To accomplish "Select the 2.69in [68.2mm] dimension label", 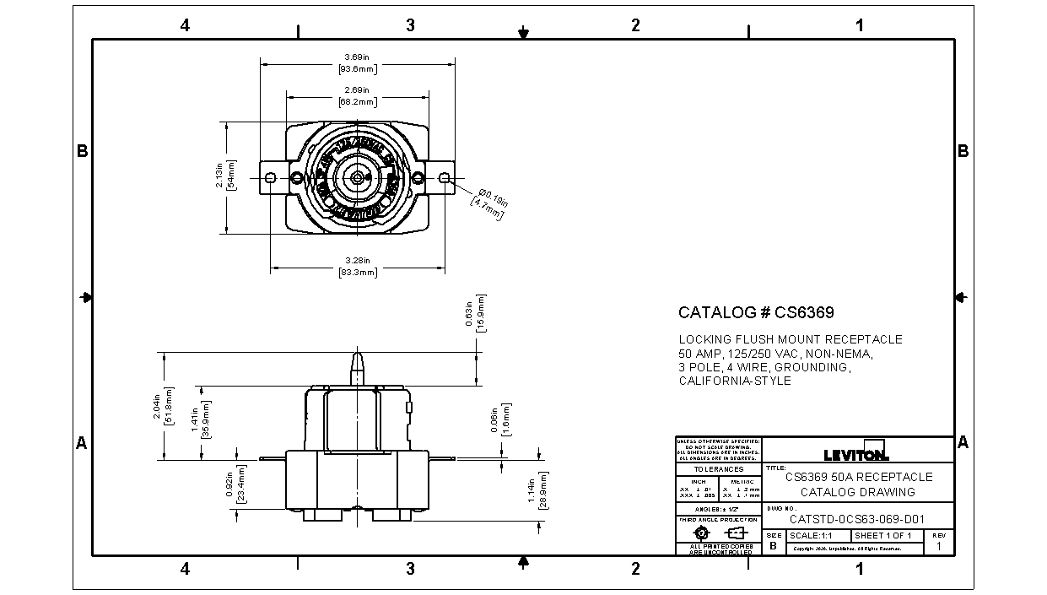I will pos(358,95).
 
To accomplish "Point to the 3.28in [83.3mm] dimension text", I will pos(358,267).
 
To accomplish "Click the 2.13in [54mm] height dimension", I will pos(226,175).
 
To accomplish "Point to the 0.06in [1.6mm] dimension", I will pos(499,419).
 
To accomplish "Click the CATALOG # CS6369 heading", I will pos(756,312).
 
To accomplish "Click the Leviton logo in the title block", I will pos(855,452).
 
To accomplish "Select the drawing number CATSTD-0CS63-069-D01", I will pos(860,520).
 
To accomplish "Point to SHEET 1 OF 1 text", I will pos(883,536).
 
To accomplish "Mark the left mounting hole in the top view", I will pos(270,177).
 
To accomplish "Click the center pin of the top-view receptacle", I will pos(358,177).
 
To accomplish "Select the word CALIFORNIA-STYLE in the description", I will pos(735,381).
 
